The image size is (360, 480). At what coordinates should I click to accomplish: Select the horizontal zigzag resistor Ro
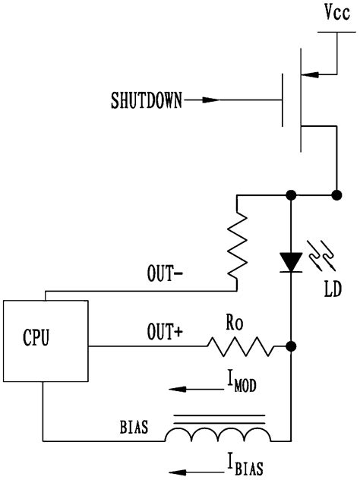coord(240,347)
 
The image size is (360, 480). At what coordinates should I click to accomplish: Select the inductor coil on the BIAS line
coord(219,435)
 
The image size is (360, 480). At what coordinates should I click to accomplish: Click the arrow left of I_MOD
coord(189,388)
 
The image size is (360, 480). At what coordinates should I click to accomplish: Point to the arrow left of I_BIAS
coord(189,463)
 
